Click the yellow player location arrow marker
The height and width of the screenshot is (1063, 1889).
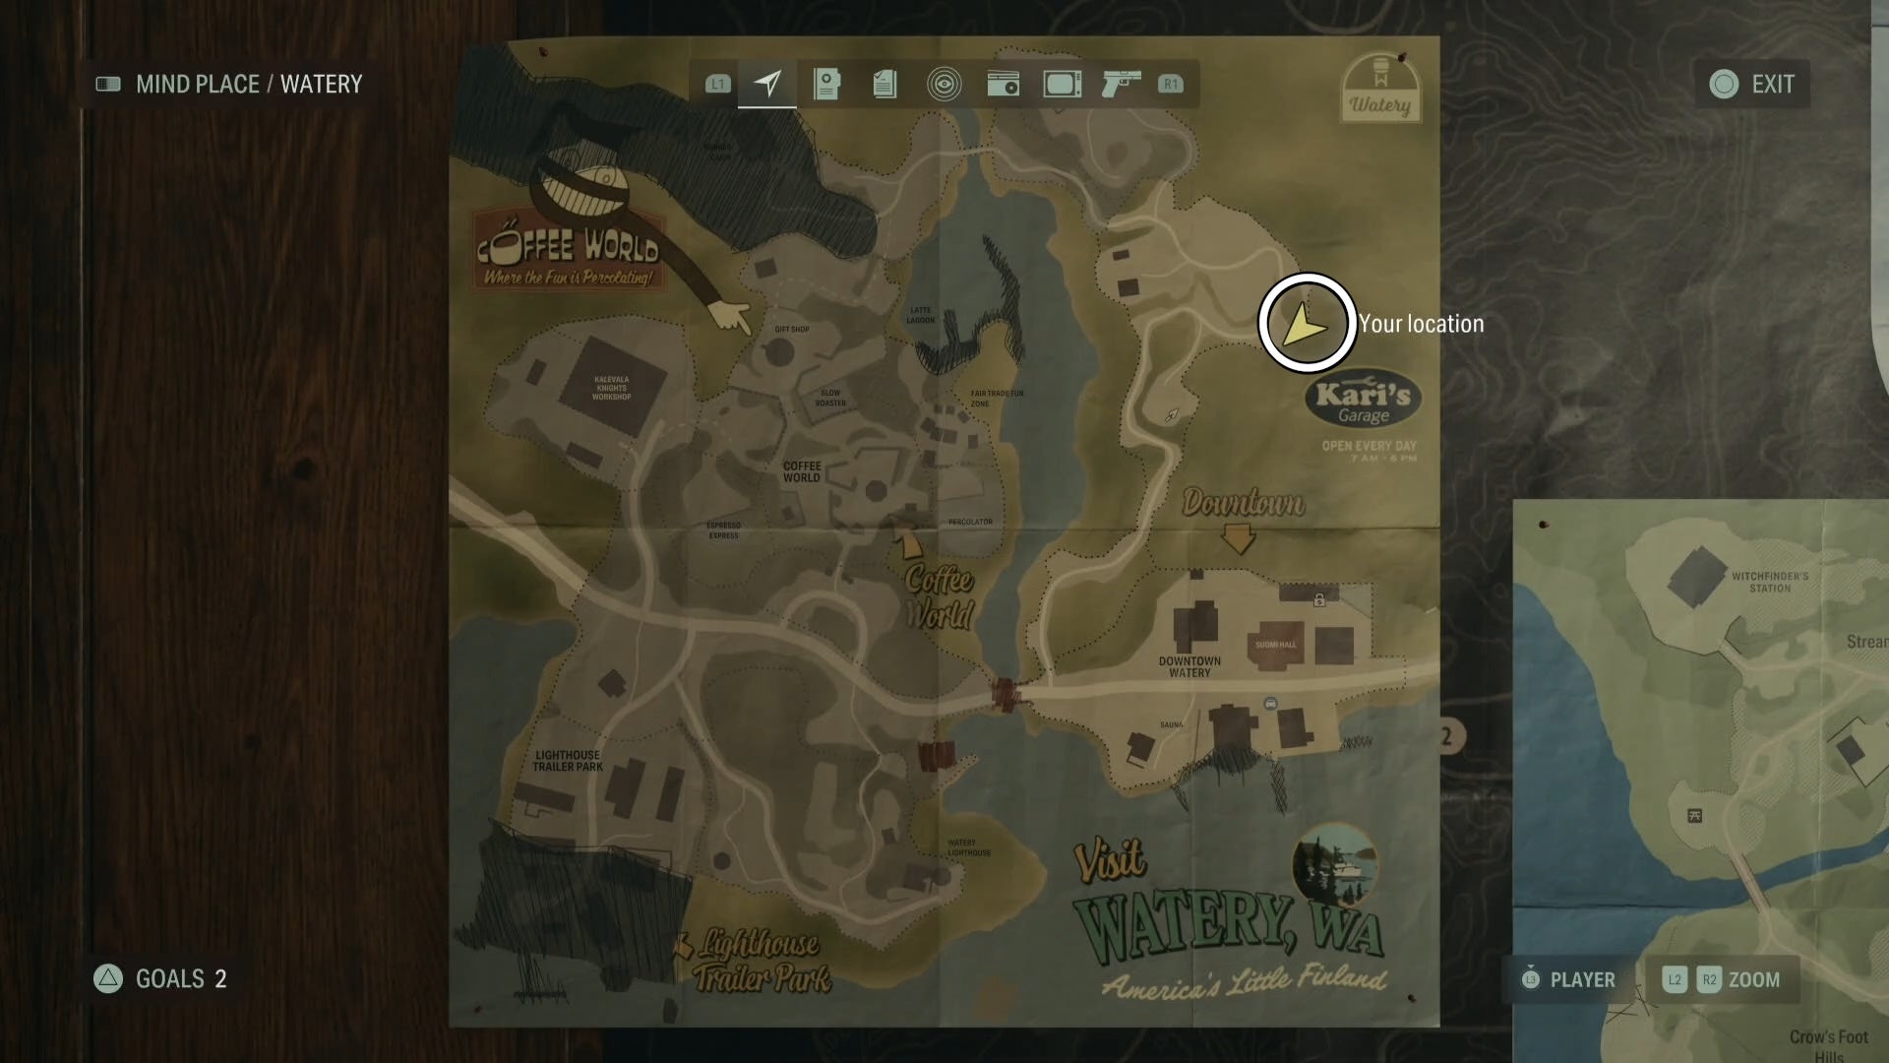[x=1306, y=324]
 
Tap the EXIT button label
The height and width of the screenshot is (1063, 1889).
[x=1772, y=85]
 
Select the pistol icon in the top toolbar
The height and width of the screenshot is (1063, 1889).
[x=1120, y=84]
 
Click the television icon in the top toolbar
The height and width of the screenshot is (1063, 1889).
[x=1062, y=84]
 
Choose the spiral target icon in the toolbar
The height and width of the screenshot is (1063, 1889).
[x=944, y=84]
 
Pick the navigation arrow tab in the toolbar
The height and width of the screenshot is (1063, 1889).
[x=767, y=84]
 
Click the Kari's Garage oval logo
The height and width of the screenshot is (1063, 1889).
[x=1363, y=401]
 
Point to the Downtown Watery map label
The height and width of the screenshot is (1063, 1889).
[x=1188, y=666]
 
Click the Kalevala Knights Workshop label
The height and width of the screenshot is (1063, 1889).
[x=611, y=388]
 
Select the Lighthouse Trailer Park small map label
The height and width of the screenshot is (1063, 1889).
[x=568, y=761]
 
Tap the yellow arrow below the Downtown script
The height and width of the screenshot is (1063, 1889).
[x=1238, y=538]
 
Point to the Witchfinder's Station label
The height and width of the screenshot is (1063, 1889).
[x=1769, y=582]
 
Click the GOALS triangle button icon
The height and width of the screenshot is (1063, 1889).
[x=108, y=978]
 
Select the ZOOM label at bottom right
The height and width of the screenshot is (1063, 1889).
[x=1753, y=980]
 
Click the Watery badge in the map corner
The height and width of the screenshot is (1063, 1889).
[x=1379, y=89]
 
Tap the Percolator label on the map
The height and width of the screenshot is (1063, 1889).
[x=970, y=522]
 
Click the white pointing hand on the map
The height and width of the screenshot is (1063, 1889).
[x=730, y=317]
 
